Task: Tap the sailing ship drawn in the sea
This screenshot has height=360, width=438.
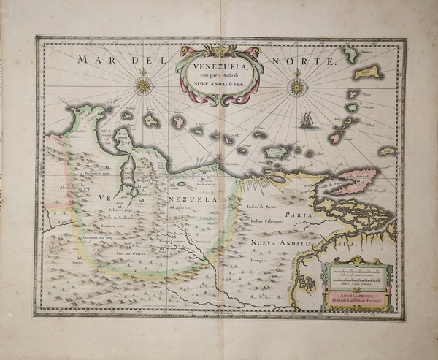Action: click(307, 120)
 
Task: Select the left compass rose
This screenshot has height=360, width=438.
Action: click(143, 86)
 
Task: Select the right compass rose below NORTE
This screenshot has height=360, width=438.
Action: click(296, 88)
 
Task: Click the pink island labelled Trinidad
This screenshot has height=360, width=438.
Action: click(357, 182)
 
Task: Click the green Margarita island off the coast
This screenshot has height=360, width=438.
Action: click(275, 153)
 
